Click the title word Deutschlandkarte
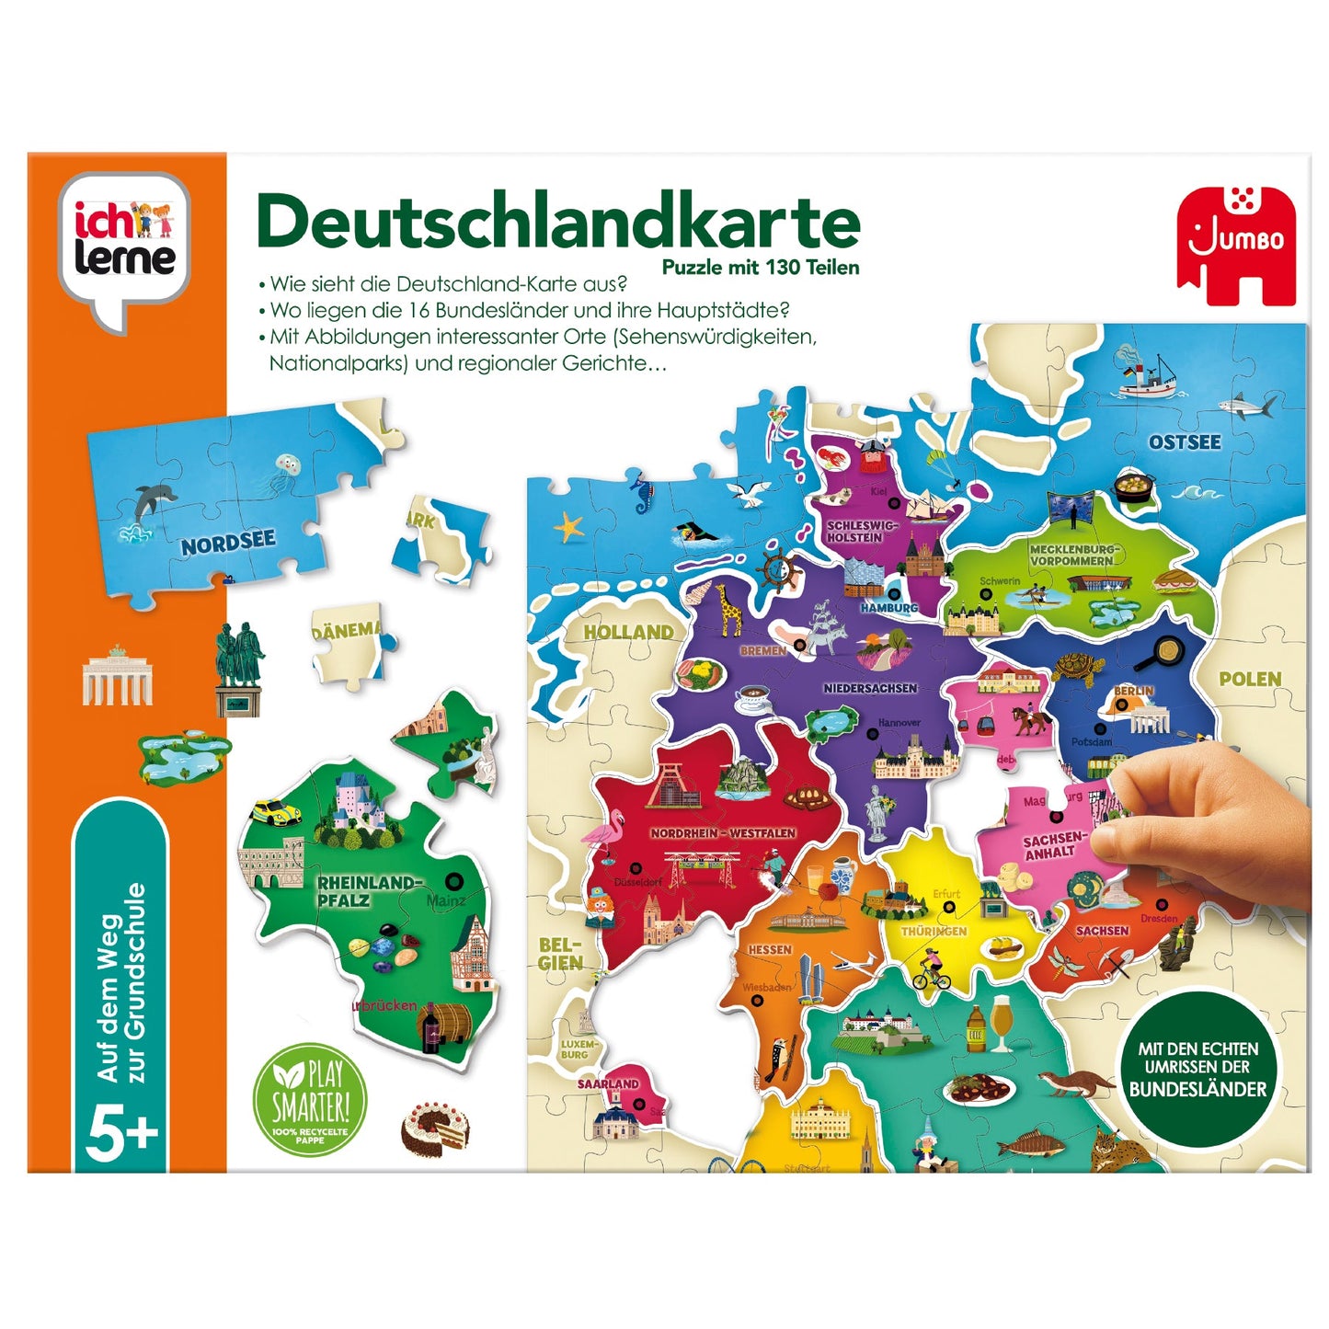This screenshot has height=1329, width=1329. [558, 223]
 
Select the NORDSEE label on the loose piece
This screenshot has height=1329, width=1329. [228, 542]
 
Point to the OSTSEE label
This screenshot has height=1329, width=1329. [1184, 442]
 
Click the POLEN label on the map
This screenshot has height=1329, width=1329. [1249, 680]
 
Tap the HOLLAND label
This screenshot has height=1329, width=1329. [628, 632]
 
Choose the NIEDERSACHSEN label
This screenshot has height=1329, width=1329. [870, 688]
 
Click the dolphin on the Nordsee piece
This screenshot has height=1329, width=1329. [147, 504]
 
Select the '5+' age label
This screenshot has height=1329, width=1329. [121, 1138]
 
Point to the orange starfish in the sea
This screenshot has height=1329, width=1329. [568, 527]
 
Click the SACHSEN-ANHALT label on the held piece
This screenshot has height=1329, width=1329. [1053, 846]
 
